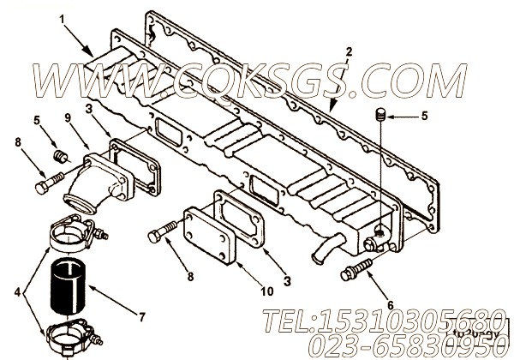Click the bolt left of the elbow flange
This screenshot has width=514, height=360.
point(46,181)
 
